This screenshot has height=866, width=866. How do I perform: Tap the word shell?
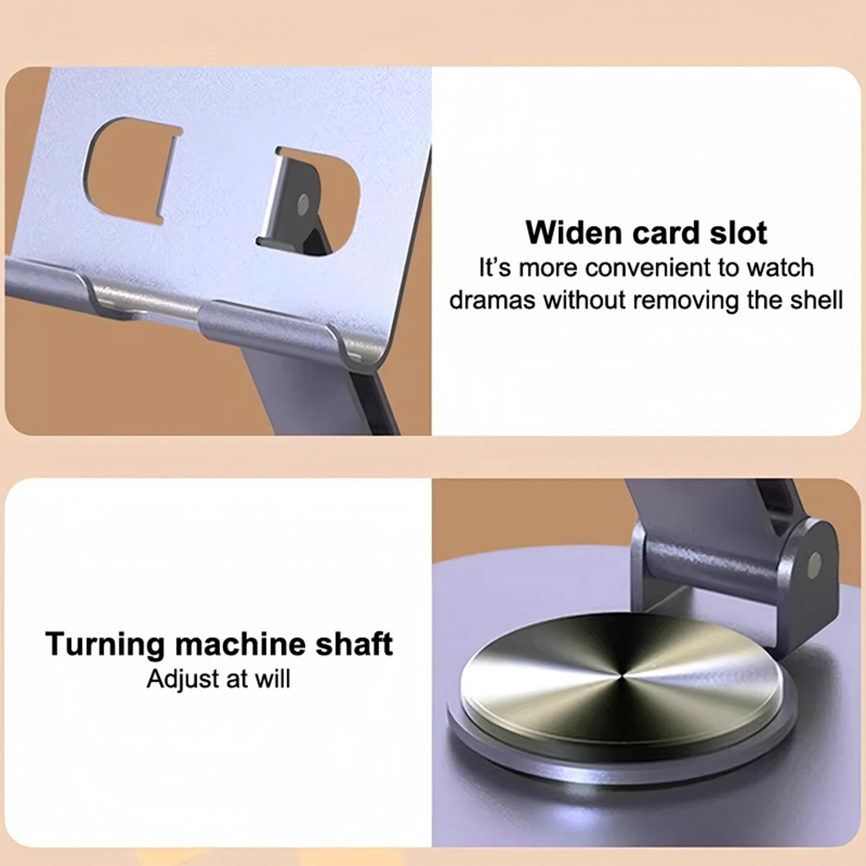pyautogui.click(x=816, y=300)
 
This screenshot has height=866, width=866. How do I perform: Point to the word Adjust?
pyautogui.click(x=182, y=679)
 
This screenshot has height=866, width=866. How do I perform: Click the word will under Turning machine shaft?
pyautogui.click(x=273, y=679)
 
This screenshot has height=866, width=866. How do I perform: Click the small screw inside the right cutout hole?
pyautogui.click(x=303, y=204)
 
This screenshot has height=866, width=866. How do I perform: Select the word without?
pyautogui.click(x=583, y=300)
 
